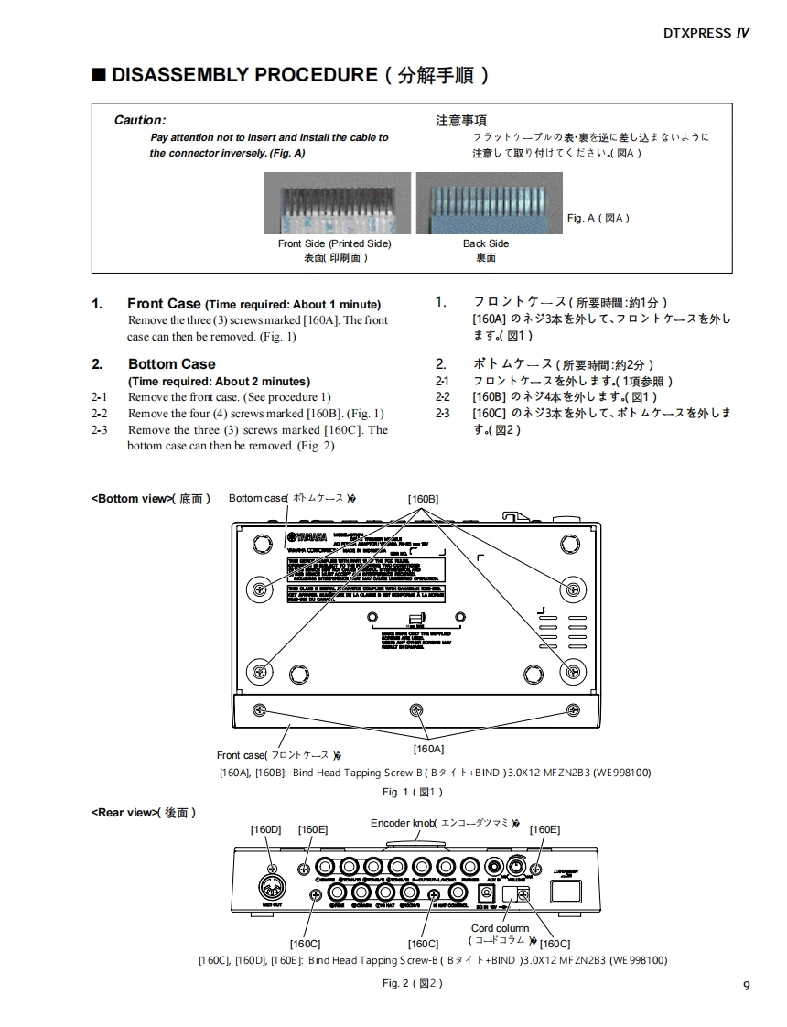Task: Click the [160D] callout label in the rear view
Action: coord(265,829)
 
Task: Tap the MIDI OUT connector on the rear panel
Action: coord(272,889)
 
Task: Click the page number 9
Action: coord(747,985)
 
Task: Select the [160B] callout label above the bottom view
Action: coord(423,499)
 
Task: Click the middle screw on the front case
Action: coord(416,709)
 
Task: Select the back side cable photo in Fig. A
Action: coord(489,204)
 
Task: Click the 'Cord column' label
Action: coord(500,928)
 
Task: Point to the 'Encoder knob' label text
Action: coord(402,823)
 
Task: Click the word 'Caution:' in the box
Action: coord(139,120)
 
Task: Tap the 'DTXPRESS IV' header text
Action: coord(706,33)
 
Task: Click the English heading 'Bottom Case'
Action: coord(171,364)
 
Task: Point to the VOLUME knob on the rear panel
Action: coord(518,868)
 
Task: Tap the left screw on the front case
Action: coord(259,709)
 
